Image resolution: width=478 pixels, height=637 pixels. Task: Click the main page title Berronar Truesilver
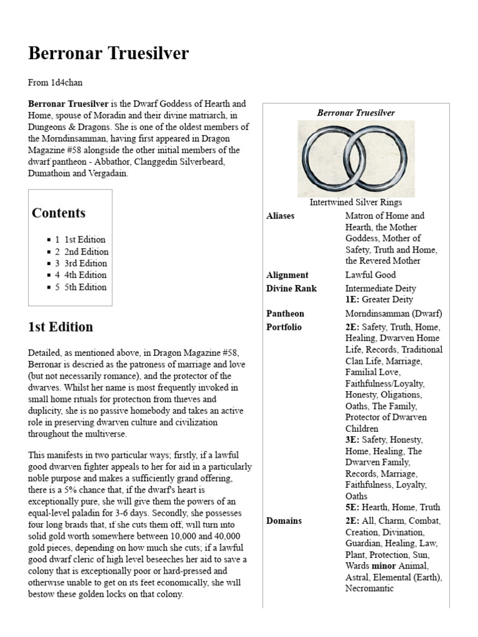108,54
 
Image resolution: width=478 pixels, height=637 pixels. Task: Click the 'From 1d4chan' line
55,82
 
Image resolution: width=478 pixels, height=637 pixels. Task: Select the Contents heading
59,213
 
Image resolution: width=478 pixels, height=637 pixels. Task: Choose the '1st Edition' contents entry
85,239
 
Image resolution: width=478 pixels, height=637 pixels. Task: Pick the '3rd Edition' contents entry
86,263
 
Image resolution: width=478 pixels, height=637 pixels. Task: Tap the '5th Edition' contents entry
85,287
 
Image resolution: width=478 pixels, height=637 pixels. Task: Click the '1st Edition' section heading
60,327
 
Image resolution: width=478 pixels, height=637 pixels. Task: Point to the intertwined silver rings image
355,159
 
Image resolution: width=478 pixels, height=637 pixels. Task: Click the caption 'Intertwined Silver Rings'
355,202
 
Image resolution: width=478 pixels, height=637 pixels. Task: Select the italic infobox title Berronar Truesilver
355,113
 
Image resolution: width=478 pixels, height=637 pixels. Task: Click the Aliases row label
281,216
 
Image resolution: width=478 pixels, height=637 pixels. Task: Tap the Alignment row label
287,275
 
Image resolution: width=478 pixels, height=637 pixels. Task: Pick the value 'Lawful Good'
370,275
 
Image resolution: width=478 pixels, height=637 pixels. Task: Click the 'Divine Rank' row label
291,289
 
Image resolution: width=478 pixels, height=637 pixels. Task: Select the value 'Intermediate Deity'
380,289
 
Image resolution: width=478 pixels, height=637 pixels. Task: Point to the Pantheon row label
285,314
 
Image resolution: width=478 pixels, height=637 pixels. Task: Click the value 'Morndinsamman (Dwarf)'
393,314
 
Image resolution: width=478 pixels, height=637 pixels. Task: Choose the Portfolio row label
284,327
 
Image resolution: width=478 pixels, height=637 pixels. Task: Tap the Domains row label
284,521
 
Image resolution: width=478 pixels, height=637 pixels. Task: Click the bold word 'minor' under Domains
384,566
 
